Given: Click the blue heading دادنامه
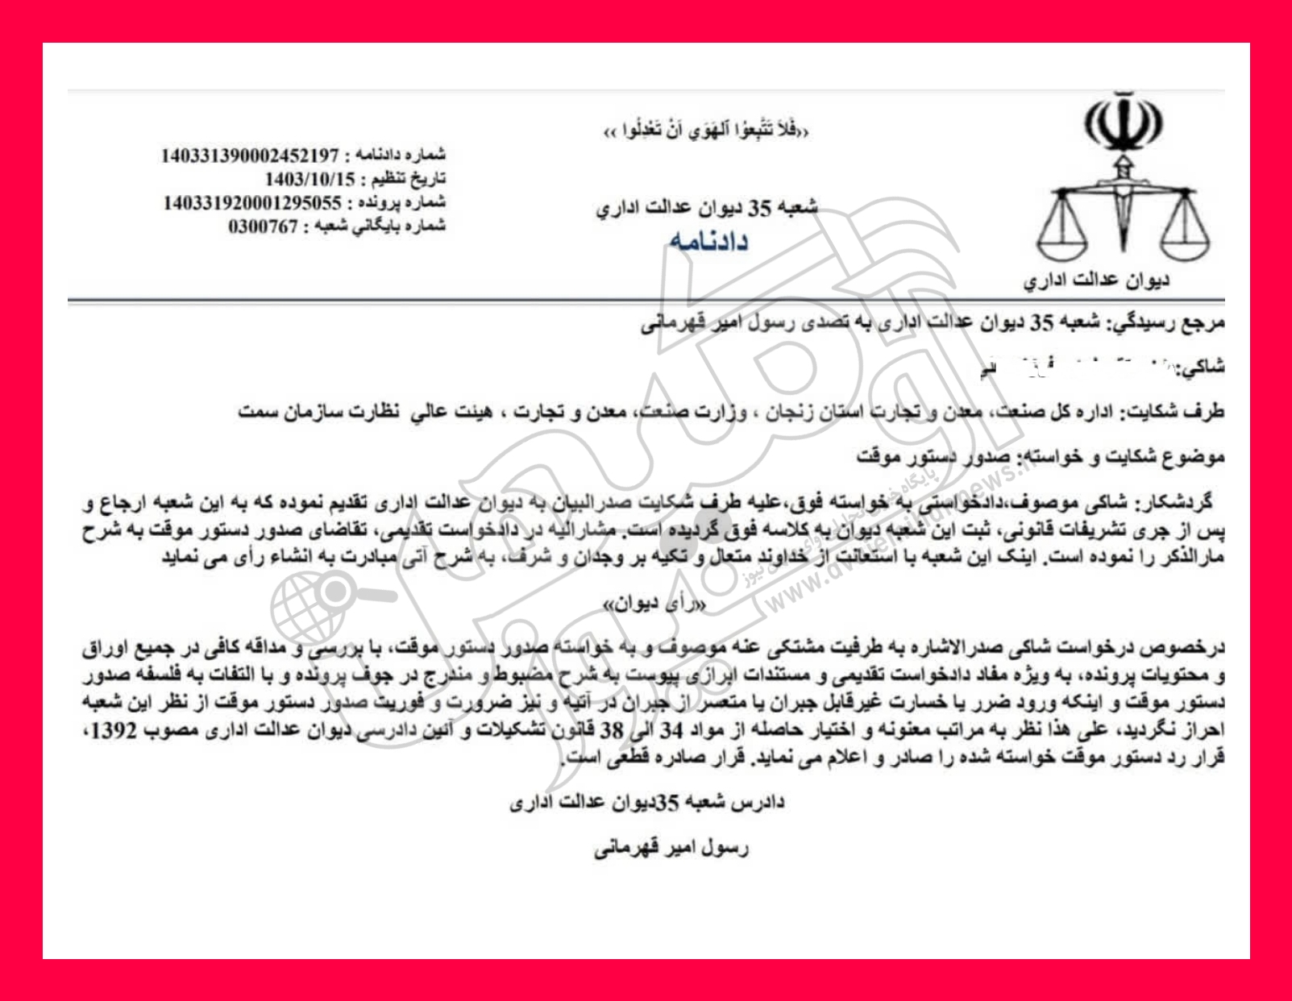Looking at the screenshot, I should click(x=708, y=240).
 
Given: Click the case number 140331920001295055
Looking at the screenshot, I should click(x=252, y=201).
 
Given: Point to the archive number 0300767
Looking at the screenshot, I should click(x=264, y=226).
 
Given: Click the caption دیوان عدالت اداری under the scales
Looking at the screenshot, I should click(x=1096, y=280).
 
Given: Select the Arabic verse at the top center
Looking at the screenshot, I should click(x=706, y=130).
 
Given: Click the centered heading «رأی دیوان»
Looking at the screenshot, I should click(x=654, y=604).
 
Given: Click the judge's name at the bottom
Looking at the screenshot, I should click(x=671, y=848).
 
